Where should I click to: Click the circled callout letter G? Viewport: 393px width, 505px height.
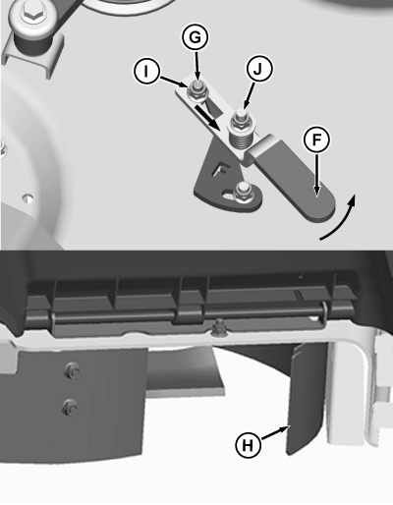(x=195, y=37)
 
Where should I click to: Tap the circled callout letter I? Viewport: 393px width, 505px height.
(x=146, y=71)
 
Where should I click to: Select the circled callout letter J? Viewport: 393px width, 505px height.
(x=258, y=69)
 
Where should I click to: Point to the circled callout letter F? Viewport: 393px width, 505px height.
(x=316, y=140)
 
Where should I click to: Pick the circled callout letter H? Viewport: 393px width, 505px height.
(x=249, y=445)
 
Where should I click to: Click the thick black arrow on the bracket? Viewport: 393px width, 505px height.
(x=207, y=117)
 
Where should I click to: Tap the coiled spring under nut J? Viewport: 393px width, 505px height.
(x=242, y=140)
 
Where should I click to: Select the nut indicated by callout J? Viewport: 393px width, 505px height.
(x=242, y=122)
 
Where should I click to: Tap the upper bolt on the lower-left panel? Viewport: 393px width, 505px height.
(x=72, y=370)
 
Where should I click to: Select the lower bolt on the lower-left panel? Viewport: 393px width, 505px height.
(x=71, y=407)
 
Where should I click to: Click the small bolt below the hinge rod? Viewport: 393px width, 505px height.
(x=218, y=327)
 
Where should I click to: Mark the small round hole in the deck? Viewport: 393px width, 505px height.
(x=28, y=198)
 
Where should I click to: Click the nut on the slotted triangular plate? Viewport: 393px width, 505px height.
(x=243, y=195)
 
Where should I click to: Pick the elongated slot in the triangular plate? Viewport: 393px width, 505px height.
(x=229, y=195)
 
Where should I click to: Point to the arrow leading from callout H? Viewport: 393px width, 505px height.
(x=275, y=432)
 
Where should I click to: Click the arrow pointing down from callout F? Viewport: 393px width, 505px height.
(x=316, y=175)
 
